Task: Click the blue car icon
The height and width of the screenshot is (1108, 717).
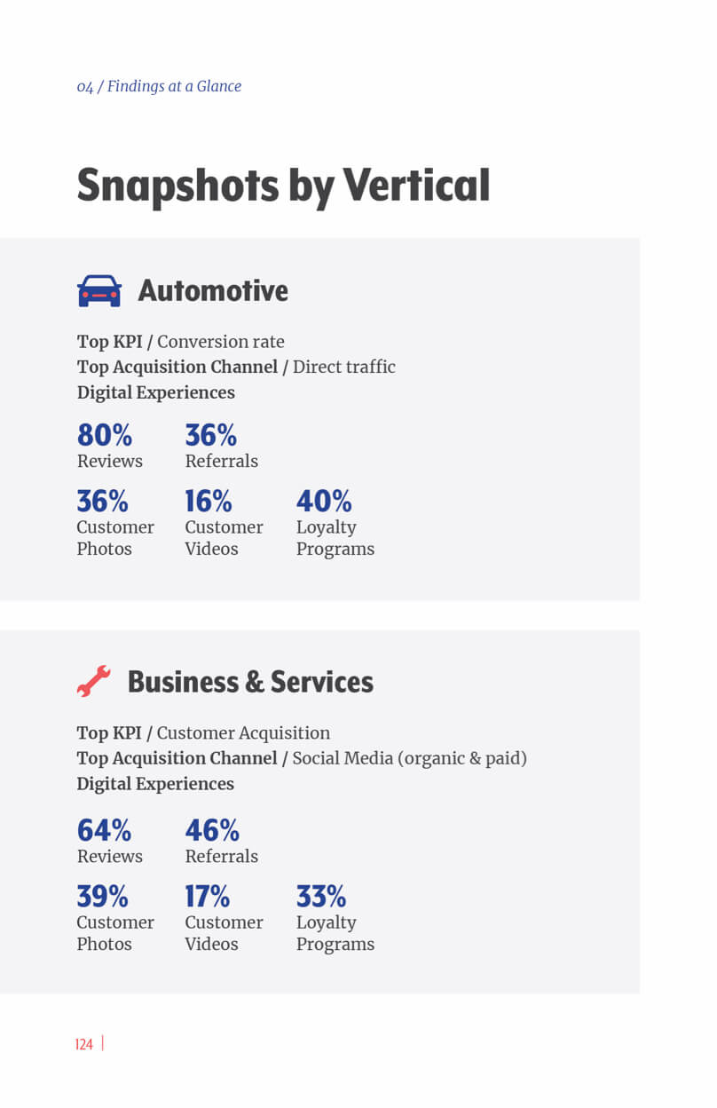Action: click(x=99, y=291)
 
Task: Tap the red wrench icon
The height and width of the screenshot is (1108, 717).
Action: click(x=93, y=681)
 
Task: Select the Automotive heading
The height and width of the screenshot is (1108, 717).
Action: click(x=213, y=291)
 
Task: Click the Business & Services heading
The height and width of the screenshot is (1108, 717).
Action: click(x=250, y=682)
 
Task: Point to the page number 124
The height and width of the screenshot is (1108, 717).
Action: click(x=84, y=1044)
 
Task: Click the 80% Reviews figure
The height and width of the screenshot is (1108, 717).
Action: click(x=105, y=435)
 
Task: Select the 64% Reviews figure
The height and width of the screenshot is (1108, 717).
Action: click(x=104, y=830)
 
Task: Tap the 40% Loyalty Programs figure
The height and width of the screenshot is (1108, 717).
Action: click(x=324, y=502)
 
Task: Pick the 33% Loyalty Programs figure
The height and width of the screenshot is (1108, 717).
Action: click(x=321, y=896)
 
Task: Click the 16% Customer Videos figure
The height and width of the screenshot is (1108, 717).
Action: click(x=209, y=502)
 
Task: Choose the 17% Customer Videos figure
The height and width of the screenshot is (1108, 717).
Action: click(x=208, y=896)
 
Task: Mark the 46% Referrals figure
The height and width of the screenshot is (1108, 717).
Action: click(x=212, y=830)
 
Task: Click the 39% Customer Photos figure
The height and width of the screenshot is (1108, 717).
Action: click(x=102, y=896)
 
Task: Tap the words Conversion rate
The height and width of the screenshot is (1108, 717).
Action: click(x=221, y=342)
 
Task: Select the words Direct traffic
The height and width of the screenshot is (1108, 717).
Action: click(x=344, y=367)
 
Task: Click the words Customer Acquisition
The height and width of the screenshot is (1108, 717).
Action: click(x=243, y=733)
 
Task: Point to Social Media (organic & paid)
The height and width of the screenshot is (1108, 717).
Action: click(x=409, y=758)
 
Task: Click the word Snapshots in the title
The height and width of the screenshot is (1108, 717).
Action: click(x=177, y=186)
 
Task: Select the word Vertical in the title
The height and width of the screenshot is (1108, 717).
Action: click(x=416, y=186)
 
